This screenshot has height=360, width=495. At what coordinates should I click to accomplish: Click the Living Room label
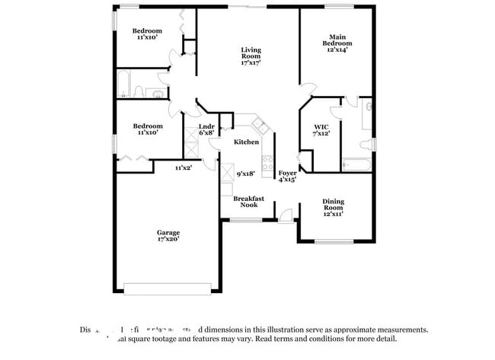(251, 57)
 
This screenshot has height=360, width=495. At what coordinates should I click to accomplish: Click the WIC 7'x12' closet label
(321, 130)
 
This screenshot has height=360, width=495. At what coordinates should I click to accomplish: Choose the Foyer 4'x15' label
(286, 176)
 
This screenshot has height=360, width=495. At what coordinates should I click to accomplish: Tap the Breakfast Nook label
(248, 202)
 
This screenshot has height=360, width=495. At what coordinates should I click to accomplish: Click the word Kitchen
(246, 142)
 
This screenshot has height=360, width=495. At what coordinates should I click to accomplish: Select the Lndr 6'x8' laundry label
(206, 129)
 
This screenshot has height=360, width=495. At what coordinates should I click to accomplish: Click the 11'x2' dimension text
(183, 167)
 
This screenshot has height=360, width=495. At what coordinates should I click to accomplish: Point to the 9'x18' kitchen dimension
(246, 174)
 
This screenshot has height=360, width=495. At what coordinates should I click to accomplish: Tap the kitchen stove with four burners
(267, 161)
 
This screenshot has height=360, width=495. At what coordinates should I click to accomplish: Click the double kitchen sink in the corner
(259, 126)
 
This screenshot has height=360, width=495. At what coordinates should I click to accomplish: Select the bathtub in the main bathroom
(356, 164)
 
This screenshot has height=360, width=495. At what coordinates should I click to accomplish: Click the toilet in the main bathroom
(366, 143)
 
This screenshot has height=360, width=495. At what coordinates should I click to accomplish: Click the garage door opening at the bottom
(167, 288)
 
